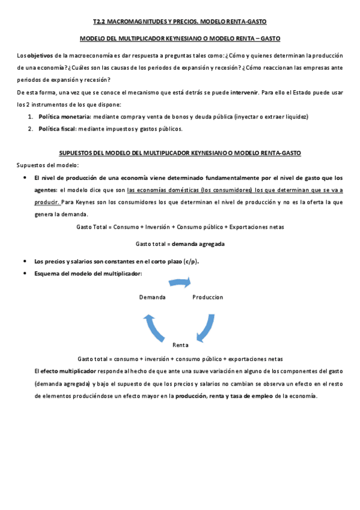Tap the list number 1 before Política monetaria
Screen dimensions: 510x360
[x=30, y=116]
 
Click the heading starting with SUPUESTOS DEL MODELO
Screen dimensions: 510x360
[x=180, y=153]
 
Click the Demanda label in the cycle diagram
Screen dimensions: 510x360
[x=152, y=297]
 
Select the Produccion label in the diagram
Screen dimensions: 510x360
[x=207, y=297]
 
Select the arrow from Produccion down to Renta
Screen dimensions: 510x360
[x=206, y=325]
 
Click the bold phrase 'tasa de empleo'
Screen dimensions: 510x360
[x=250, y=396]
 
